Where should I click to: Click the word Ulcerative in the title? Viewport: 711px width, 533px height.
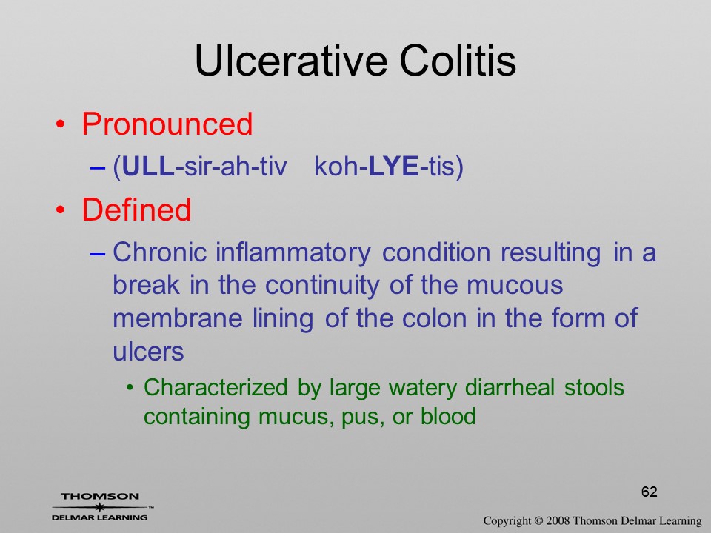pyautogui.click(x=292, y=61)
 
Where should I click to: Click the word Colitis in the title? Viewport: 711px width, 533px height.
pyautogui.click(x=458, y=61)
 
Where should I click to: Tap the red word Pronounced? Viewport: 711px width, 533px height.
pyautogui.click(x=167, y=124)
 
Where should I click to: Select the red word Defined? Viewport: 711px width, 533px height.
pyautogui.click(x=136, y=209)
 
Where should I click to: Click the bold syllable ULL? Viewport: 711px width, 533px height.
pyautogui.click(x=149, y=167)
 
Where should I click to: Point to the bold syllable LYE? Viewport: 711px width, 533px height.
pyautogui.click(x=393, y=167)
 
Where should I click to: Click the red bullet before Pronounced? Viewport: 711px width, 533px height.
pyautogui.click(x=60, y=124)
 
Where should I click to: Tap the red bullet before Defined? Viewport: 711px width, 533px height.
pyautogui.click(x=60, y=209)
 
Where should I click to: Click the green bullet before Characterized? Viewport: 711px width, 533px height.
pyautogui.click(x=130, y=388)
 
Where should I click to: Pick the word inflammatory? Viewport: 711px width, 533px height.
pyautogui.click(x=293, y=253)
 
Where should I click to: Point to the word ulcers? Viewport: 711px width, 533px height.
pyautogui.click(x=148, y=351)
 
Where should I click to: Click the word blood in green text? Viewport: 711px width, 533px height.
pyautogui.click(x=448, y=416)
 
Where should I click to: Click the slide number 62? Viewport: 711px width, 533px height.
pyautogui.click(x=650, y=492)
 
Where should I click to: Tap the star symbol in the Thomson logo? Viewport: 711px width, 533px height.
pyautogui.click(x=100, y=507)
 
